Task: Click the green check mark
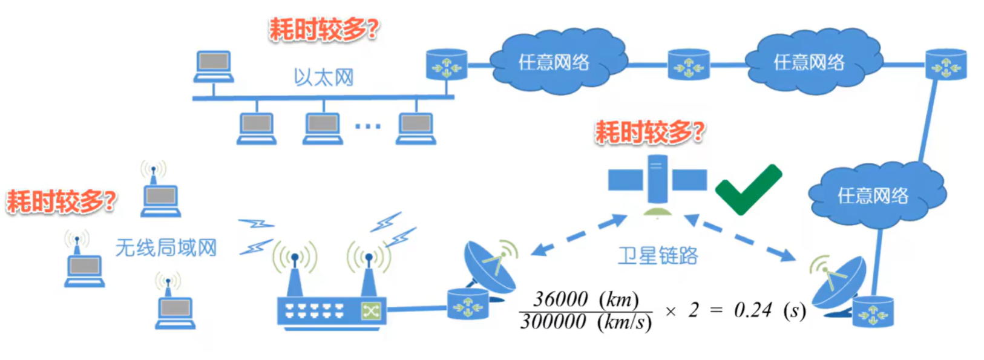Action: [x=747, y=189]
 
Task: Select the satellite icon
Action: [x=657, y=180]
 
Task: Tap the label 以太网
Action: [x=323, y=77]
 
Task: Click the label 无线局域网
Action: [x=166, y=247]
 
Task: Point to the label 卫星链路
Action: [x=658, y=256]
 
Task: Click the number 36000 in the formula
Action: [x=560, y=299]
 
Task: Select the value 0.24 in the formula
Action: [x=753, y=310]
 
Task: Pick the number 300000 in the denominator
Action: [x=553, y=321]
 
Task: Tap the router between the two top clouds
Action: [x=688, y=64]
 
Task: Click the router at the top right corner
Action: [x=946, y=64]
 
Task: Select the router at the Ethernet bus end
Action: [x=447, y=64]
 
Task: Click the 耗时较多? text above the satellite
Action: [x=649, y=131]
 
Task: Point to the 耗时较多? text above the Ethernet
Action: [x=324, y=28]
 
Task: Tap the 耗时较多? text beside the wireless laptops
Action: [x=61, y=201]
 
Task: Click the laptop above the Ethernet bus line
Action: [x=214, y=66]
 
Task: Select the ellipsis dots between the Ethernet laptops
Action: [x=367, y=126]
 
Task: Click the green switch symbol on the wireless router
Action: [x=370, y=310]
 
